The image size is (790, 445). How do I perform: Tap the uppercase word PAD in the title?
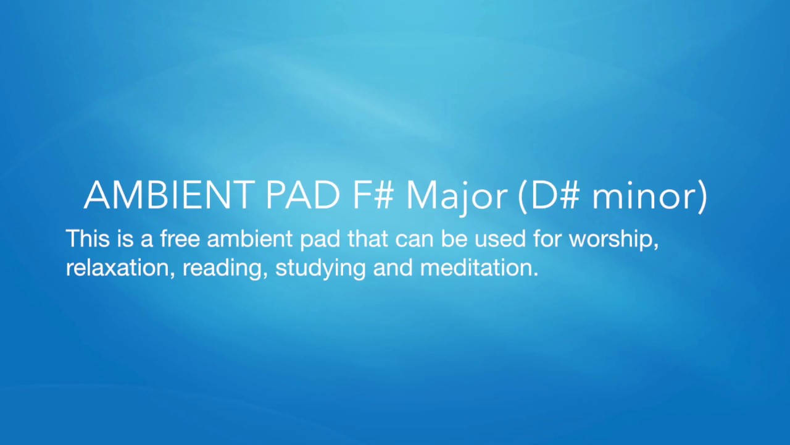(302, 195)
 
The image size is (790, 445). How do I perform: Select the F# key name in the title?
(373, 195)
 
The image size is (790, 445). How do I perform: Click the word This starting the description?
(86, 239)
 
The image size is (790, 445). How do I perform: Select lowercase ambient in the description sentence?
(250, 239)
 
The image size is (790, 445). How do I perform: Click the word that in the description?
(368, 239)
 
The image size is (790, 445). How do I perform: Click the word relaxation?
(119, 268)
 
